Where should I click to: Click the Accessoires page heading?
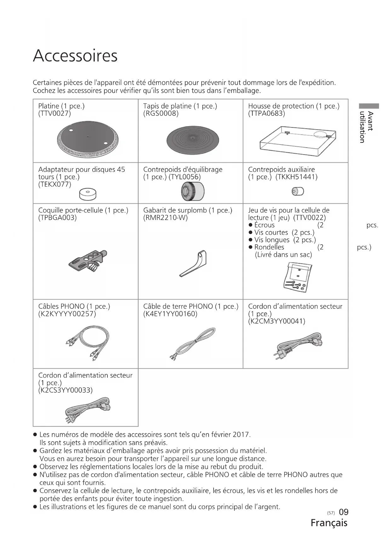[75, 56]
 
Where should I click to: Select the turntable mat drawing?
[193, 140]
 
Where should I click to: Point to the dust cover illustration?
[297, 141]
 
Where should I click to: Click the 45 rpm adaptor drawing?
[88, 194]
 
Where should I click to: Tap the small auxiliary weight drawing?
[298, 191]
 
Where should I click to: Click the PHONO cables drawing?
[88, 342]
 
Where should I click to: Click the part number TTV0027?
[55, 114]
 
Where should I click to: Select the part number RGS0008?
[161, 114]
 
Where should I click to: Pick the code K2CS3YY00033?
[65, 390]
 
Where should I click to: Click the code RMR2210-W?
[165, 218]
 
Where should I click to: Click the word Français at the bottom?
[329, 523]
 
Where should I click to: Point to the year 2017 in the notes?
[241, 435]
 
